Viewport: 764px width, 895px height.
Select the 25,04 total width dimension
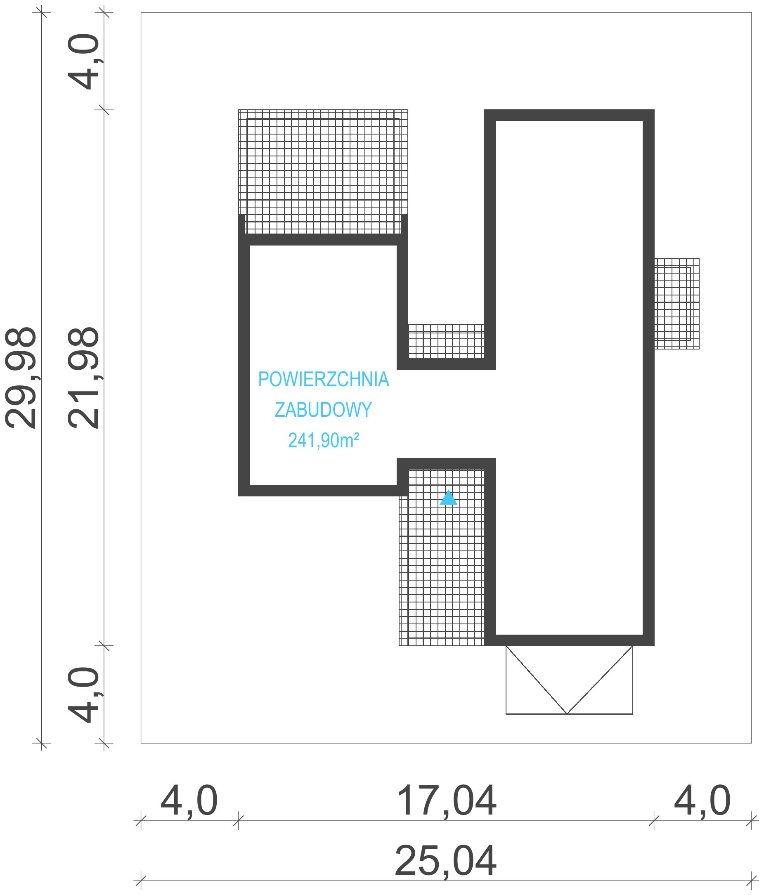(445, 860)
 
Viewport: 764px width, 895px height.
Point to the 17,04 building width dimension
(446, 801)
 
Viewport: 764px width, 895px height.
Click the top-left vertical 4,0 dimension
(83, 62)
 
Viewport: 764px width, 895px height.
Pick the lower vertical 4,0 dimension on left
(83, 694)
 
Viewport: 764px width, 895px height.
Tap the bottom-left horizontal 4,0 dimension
(189, 801)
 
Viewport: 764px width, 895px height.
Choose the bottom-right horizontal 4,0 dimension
(702, 801)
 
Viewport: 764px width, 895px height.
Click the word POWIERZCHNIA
(324, 379)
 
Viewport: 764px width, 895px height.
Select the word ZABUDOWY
(324, 409)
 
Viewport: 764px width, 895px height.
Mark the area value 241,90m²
(324, 440)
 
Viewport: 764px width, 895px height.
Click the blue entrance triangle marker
(448, 498)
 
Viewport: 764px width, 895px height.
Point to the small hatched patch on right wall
(677, 304)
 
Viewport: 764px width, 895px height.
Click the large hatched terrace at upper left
(323, 172)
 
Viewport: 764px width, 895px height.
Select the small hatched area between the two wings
(446, 341)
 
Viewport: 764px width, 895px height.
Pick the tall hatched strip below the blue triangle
(442, 557)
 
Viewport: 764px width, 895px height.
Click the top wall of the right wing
(569, 115)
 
